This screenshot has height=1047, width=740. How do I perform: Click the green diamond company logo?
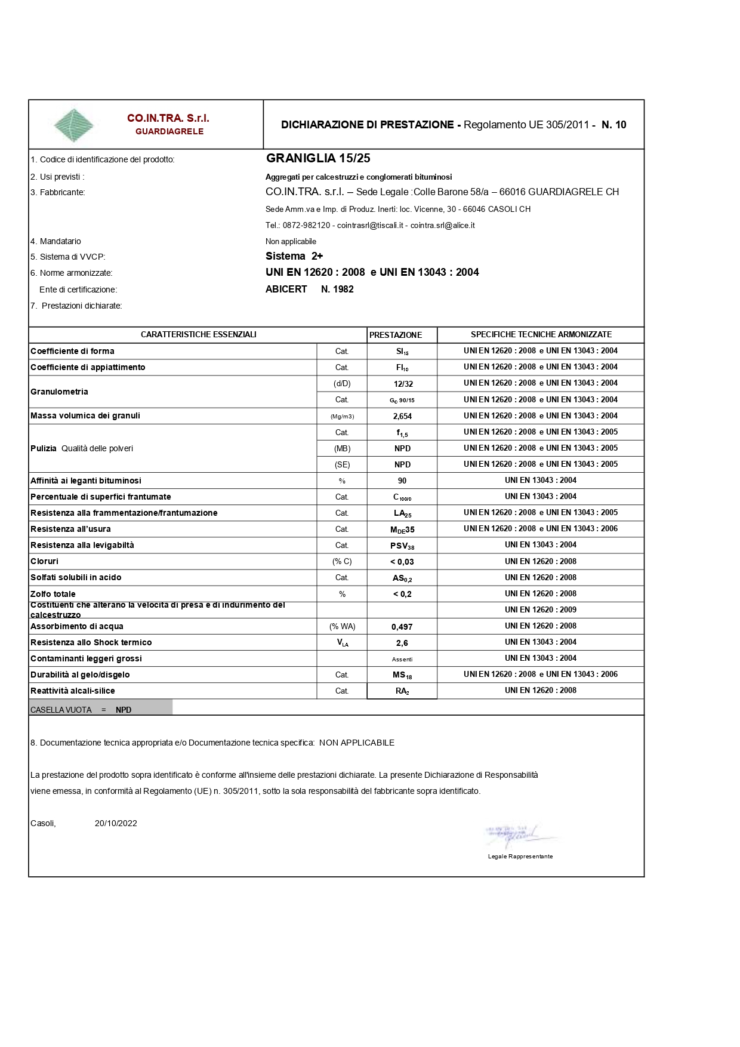coord(73,125)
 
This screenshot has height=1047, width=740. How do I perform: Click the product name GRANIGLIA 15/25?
coord(318,158)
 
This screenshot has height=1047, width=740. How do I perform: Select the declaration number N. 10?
coord(613,125)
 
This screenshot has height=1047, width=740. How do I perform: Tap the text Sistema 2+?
coord(294,256)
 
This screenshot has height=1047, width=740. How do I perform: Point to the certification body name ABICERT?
coord(286,289)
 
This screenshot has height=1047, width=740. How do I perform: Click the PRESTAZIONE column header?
coord(396,335)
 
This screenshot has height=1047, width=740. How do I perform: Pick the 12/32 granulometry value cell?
coord(403,384)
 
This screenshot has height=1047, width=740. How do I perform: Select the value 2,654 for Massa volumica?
coord(402,416)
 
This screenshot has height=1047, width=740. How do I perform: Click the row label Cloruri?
coord(45,561)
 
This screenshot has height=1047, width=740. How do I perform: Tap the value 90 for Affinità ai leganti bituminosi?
coord(402,481)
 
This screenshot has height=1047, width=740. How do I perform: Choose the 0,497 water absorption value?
coord(402,627)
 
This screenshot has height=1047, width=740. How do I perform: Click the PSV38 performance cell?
coord(402,546)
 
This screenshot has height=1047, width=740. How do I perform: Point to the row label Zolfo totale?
coord(53,594)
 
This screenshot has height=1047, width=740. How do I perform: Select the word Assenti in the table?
coord(402,659)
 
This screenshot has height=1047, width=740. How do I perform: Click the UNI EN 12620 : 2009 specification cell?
coord(541,609)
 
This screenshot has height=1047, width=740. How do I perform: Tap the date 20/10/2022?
coord(116,823)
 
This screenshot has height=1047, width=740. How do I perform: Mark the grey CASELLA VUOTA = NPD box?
coord(100,708)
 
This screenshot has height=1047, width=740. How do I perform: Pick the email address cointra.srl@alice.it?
coord(442,225)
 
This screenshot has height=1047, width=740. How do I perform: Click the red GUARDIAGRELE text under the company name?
coord(169,131)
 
